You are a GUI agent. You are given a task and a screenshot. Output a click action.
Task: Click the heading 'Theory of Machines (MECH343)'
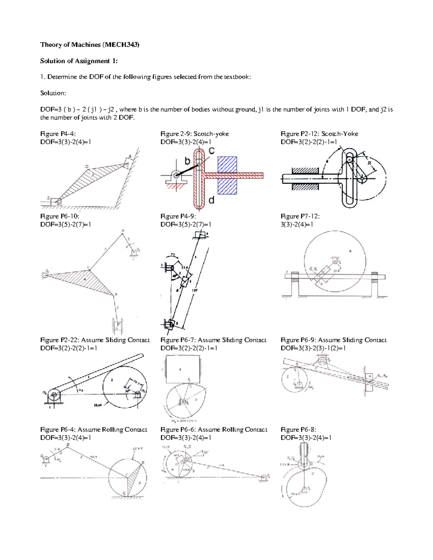89,45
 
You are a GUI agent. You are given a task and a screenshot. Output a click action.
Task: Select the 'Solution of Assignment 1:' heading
79,61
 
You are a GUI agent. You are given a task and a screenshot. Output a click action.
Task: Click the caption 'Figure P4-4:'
58,134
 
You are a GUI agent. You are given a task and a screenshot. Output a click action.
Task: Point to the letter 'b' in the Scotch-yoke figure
187,161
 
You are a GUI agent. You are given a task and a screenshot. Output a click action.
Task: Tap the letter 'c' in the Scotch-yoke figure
211,150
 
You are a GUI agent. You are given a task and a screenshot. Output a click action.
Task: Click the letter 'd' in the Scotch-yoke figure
211,200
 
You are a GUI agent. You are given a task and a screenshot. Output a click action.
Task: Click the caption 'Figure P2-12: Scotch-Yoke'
319,134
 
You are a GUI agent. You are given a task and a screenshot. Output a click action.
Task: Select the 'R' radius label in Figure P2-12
369,163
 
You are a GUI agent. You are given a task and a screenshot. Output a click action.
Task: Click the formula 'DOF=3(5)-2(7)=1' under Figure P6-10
65,224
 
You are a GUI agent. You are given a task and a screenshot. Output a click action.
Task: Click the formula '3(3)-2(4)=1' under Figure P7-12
297,224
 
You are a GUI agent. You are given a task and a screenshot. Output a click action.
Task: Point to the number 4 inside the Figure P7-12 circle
350,251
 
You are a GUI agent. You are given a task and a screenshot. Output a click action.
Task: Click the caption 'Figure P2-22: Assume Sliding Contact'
95,340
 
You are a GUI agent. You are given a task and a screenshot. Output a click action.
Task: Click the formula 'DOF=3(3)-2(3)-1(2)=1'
313,348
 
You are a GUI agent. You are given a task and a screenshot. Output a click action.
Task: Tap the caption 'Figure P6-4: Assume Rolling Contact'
94,429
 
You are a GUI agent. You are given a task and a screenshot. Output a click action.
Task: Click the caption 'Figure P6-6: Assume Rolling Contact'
214,429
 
